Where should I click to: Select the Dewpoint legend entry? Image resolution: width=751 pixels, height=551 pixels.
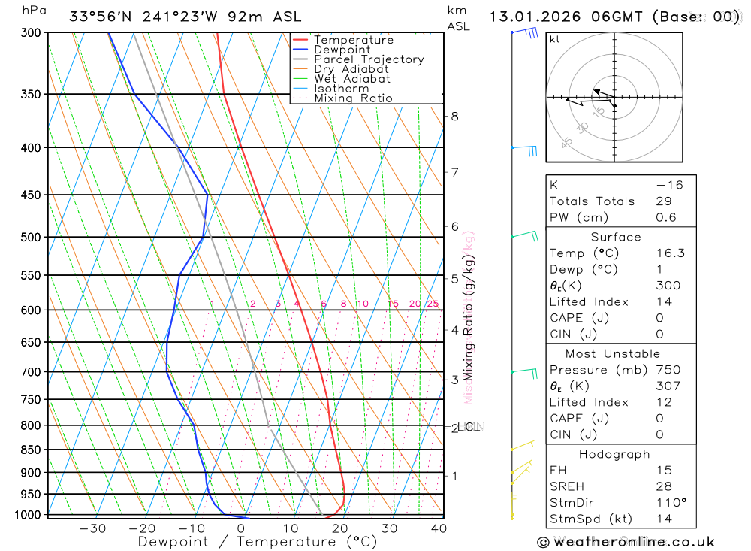342,50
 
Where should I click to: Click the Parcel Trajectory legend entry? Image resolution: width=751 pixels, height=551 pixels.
369,59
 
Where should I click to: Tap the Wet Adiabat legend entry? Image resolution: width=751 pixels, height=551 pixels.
352,79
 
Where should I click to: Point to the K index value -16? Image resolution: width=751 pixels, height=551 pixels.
669,185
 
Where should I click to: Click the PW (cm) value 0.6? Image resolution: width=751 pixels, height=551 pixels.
666,218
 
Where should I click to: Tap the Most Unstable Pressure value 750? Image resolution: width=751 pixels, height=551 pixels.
668,370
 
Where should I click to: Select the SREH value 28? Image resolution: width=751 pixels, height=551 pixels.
664,486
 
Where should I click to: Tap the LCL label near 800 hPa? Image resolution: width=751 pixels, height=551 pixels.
469,427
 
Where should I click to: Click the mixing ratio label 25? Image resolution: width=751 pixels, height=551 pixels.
433,304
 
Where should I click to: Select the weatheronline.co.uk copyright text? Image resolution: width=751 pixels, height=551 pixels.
626,542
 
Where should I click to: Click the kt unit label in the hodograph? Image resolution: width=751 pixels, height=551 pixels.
555,39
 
